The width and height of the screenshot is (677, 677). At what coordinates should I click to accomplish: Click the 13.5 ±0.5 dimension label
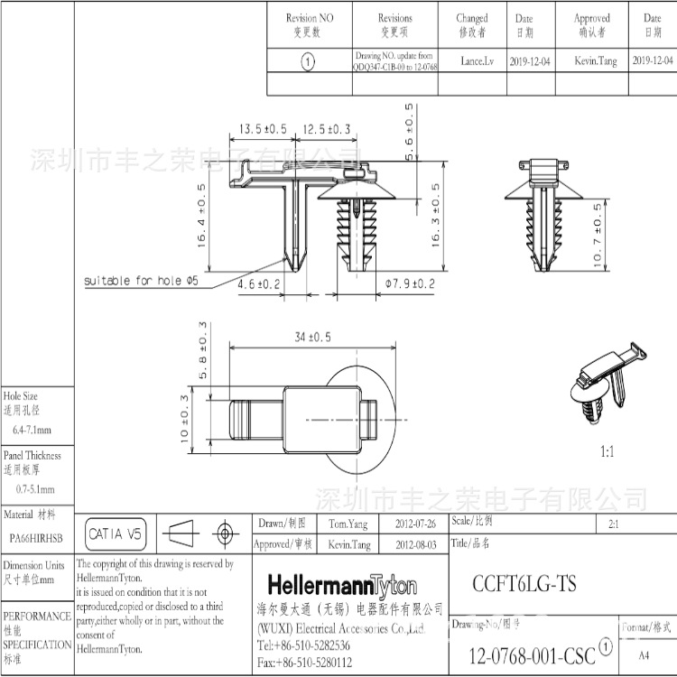pos(262,129)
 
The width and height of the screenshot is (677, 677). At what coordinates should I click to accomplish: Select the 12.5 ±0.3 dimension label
pos(326,129)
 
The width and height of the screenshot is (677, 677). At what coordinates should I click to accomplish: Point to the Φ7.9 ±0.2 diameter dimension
pos(410,283)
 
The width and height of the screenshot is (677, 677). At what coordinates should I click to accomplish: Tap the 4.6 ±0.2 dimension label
pos(259,283)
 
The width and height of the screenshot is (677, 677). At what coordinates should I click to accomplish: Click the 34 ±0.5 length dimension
pos(312,337)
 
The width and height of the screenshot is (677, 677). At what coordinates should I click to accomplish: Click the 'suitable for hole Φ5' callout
pos(141,281)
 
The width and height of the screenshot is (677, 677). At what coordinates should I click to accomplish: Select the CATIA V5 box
pos(116,534)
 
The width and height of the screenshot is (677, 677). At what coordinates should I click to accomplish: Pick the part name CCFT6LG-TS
pos(524,583)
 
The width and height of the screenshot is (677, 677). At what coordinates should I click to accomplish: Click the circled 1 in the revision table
pos(308,61)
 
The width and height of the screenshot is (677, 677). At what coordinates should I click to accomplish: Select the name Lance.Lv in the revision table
pos(478,61)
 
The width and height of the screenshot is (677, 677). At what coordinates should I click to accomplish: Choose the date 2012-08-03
pos(415,545)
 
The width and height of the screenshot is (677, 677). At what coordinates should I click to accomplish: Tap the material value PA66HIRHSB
pos(36,537)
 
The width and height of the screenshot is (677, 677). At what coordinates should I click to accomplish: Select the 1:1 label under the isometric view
pos(606,451)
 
